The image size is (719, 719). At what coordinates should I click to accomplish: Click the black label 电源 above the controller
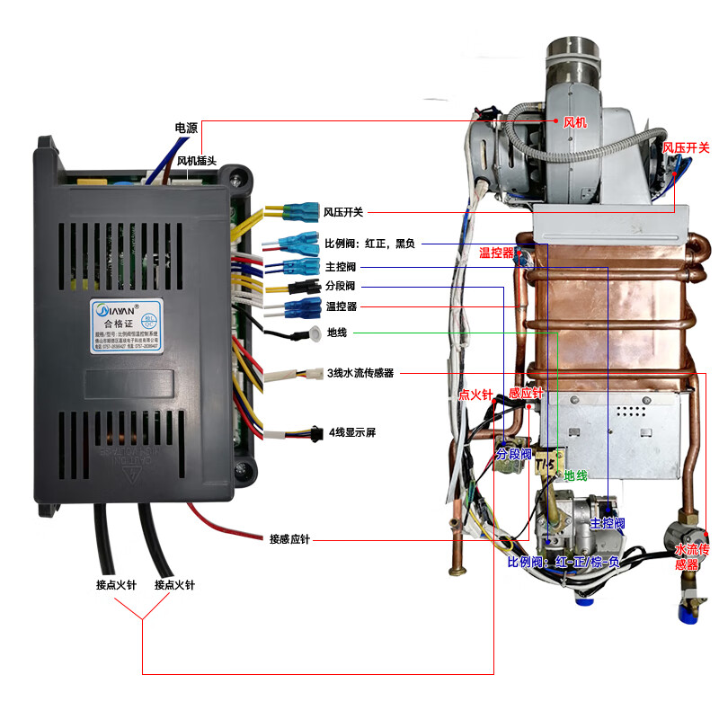pyautogui.click(x=186, y=129)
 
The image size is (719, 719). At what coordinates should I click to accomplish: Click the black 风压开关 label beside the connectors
pyautogui.click(x=344, y=212)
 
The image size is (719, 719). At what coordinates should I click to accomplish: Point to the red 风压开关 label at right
pyautogui.click(x=686, y=147)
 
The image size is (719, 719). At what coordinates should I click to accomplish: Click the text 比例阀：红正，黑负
pyautogui.click(x=369, y=243)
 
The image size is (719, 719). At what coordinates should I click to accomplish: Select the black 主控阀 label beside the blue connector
pyautogui.click(x=341, y=267)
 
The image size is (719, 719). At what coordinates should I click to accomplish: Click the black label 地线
pyautogui.click(x=337, y=333)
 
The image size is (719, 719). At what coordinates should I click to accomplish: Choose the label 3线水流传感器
pyautogui.click(x=360, y=372)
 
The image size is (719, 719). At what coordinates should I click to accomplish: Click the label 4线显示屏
pyautogui.click(x=351, y=432)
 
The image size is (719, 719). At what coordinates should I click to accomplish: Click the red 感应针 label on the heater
pyautogui.click(x=526, y=394)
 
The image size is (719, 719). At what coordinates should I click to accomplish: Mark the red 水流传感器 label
pyautogui.click(x=692, y=555)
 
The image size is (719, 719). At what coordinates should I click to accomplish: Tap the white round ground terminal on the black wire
pyautogui.click(x=313, y=336)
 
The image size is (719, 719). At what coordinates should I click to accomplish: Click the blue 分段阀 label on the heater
pyautogui.click(x=514, y=454)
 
